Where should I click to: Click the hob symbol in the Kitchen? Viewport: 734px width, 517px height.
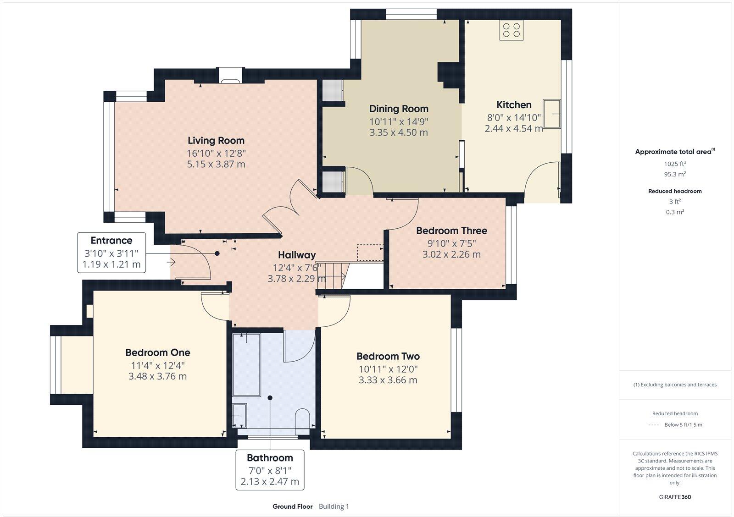click(512, 30)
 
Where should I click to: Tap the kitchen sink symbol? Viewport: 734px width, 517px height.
click(552, 113)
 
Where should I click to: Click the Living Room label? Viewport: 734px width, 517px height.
click(216, 141)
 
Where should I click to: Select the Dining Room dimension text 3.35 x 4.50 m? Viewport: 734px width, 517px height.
click(398, 132)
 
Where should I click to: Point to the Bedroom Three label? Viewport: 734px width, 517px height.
click(451, 231)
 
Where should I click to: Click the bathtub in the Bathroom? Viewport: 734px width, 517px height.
click(246, 364)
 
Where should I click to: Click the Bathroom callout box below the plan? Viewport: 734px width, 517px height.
click(270, 470)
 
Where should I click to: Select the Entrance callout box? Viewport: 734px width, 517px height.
click(111, 253)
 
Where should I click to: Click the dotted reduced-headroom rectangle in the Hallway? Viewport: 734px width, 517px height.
click(370, 253)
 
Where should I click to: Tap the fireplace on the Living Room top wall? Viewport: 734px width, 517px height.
click(229, 76)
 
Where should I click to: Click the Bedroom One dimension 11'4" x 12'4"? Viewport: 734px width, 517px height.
click(157, 366)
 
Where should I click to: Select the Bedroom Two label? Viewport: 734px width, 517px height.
click(388, 356)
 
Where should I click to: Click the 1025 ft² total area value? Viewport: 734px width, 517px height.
click(674, 164)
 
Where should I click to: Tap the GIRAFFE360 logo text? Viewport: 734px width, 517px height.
click(674, 497)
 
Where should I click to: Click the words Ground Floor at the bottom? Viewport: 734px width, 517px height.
click(292, 506)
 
